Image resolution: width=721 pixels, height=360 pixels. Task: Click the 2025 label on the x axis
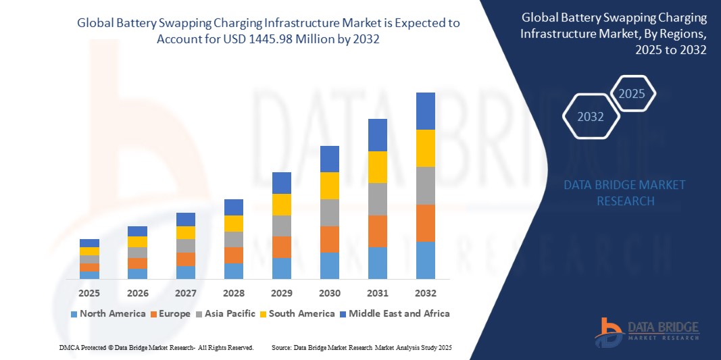tap(89, 294)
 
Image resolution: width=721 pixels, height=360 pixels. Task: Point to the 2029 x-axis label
tap(282, 294)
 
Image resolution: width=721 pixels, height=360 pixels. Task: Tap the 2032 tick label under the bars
tap(426, 294)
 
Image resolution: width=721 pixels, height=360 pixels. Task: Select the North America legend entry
tap(108, 313)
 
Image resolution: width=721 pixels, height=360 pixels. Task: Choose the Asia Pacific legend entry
tap(226, 313)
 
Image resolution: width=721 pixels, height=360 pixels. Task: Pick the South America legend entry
tap(297, 313)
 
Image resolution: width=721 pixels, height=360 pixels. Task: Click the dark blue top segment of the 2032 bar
tap(426, 111)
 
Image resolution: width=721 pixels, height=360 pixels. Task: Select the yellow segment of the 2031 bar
tap(378, 167)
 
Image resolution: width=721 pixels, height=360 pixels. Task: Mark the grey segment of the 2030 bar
tap(330, 212)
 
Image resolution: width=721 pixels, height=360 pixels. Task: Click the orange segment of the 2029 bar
tap(282, 247)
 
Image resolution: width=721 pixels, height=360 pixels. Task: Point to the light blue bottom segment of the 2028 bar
tap(234, 271)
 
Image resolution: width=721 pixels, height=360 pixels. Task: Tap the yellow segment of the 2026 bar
tap(137, 242)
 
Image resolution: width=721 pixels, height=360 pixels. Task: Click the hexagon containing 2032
tap(591, 117)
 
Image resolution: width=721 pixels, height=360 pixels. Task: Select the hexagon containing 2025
tap(632, 94)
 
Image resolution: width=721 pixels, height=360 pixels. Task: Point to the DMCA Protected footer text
tap(155, 347)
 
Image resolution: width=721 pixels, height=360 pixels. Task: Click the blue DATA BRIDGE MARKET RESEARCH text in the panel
tap(625, 192)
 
